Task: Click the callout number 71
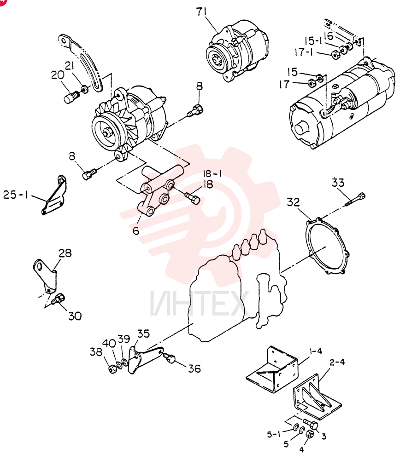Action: click(202, 12)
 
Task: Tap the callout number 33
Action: click(338, 183)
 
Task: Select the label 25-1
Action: click(15, 195)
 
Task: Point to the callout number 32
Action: click(293, 202)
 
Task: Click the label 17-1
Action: click(304, 52)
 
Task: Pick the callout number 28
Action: click(65, 253)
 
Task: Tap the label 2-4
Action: click(337, 362)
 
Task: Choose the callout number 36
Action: click(194, 368)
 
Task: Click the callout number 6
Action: click(136, 231)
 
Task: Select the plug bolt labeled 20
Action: click(71, 97)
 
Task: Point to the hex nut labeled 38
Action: click(112, 369)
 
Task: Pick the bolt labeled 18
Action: click(193, 197)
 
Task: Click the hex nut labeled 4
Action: click(310, 434)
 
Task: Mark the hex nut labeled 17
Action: click(312, 84)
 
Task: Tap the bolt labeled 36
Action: click(170, 357)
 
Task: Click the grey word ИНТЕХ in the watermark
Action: click(198, 302)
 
